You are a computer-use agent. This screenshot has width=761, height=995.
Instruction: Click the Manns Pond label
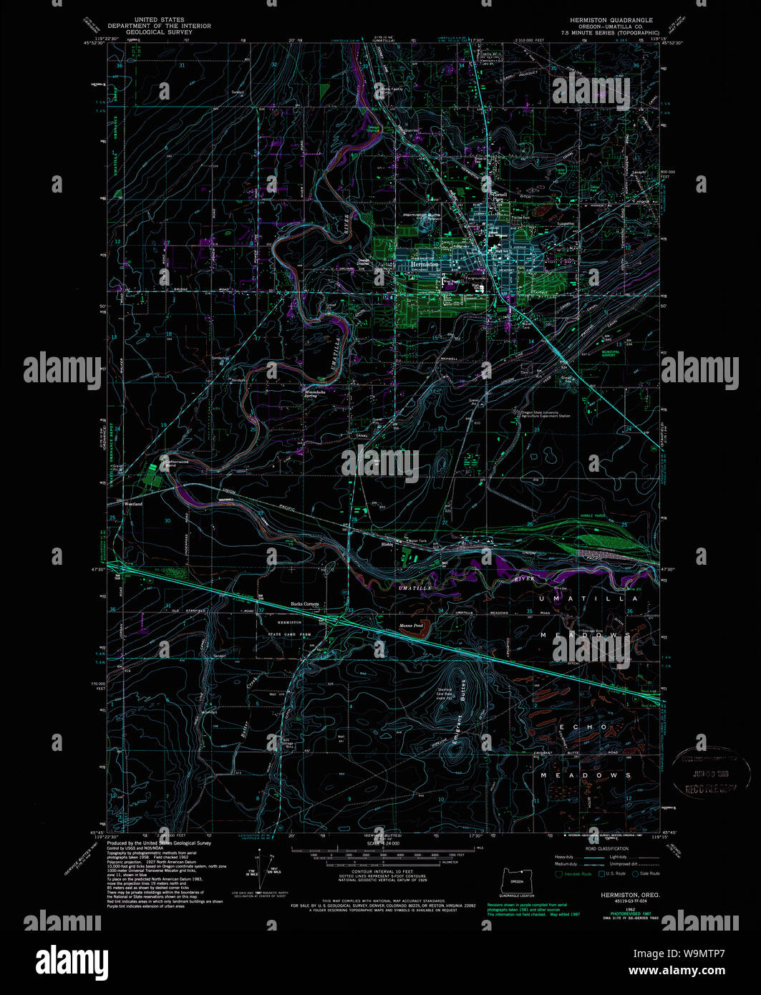click(x=411, y=626)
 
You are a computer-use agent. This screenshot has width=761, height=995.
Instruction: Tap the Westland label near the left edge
click(x=134, y=504)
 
